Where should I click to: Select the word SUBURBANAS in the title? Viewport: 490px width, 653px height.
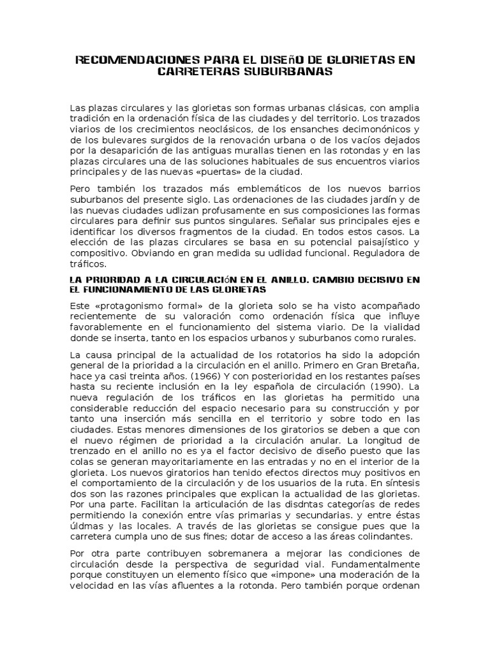[280, 72]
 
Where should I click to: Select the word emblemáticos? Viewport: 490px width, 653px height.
[255, 191]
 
